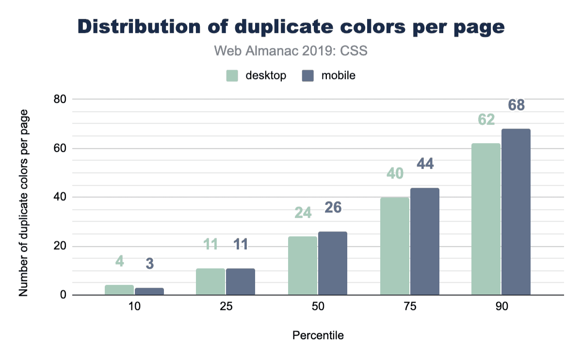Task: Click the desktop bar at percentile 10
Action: click(x=119, y=290)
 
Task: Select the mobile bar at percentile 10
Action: click(x=149, y=292)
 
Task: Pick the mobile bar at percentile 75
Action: click(x=425, y=241)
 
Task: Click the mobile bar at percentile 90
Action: click(x=516, y=212)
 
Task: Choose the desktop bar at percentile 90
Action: click(x=486, y=219)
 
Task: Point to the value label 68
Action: click(x=516, y=105)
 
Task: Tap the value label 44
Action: click(x=424, y=164)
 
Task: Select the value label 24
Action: click(x=303, y=213)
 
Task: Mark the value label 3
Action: click(x=150, y=264)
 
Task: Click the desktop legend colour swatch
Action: click(x=232, y=76)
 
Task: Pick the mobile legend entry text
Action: click(x=339, y=76)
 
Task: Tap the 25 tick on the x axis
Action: click(x=226, y=308)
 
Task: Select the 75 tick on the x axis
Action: click(x=409, y=308)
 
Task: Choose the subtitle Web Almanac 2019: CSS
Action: click(x=291, y=50)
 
